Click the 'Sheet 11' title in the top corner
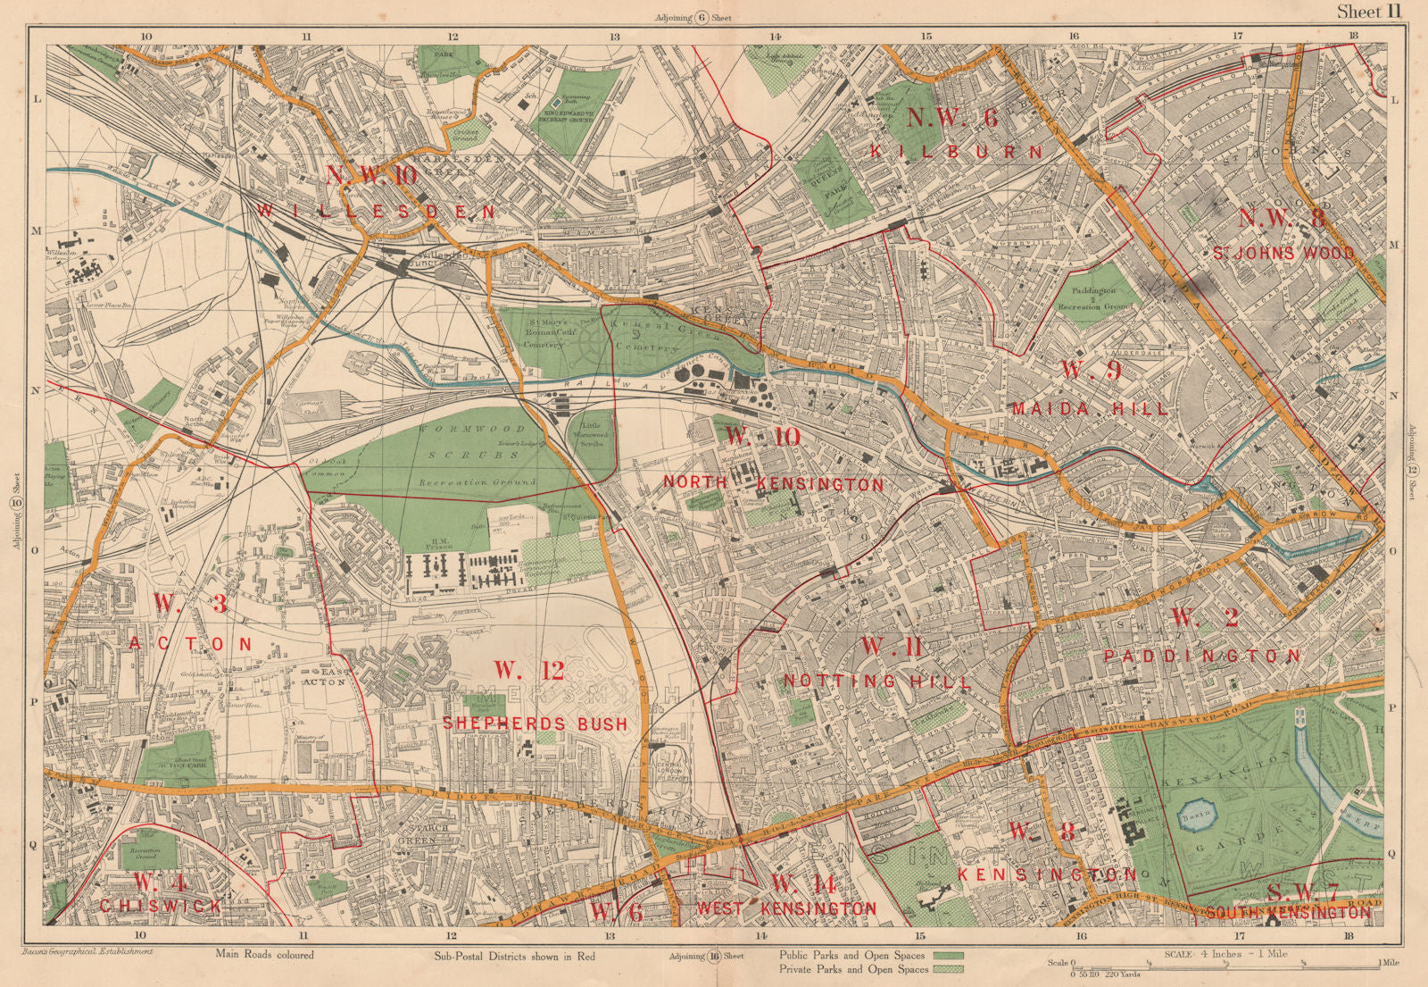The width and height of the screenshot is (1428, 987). click(1370, 12)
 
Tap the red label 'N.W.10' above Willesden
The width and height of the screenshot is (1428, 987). click(371, 174)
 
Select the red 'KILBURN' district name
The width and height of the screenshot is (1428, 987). click(957, 152)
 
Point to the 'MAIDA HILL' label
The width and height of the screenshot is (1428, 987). click(1090, 408)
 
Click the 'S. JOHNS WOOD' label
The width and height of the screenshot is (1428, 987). click(1283, 253)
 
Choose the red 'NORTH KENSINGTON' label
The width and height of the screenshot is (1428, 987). click(773, 483)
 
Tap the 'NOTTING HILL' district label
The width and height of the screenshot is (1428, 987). click(877, 681)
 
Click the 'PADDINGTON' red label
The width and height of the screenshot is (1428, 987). click(1202, 656)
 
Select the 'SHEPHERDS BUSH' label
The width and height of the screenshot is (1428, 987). click(535, 723)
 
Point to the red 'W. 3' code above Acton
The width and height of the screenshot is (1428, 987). click(190, 604)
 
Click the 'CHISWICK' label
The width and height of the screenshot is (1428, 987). click(161, 906)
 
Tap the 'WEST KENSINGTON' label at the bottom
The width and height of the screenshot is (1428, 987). click(785, 908)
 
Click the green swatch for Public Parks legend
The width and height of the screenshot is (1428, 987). click(948, 955)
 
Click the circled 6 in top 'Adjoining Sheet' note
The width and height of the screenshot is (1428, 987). click(702, 18)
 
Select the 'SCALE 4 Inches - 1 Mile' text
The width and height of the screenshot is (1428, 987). click(1225, 953)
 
